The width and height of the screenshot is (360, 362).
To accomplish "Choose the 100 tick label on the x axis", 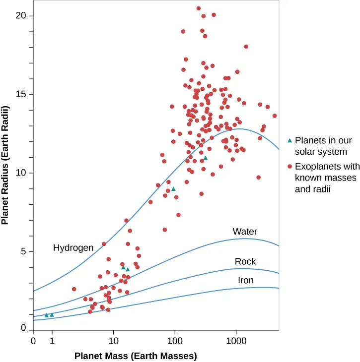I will pyautogui.click(x=174, y=342).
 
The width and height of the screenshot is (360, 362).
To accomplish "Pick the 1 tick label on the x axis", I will pyautogui.click(x=52, y=342).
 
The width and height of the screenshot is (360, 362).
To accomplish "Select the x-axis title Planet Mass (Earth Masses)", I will pyautogui.click(x=136, y=356).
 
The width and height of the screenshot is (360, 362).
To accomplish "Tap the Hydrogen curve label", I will pyautogui.click(x=73, y=247).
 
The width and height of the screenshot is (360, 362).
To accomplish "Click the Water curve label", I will pyautogui.click(x=245, y=232).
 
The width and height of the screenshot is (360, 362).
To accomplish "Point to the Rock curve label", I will pyautogui.click(x=245, y=262).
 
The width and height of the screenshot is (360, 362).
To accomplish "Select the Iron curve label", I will pyautogui.click(x=246, y=281).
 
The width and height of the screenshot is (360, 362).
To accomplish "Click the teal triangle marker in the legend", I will pyautogui.click(x=290, y=140).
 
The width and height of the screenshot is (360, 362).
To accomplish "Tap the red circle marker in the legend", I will pyautogui.click(x=290, y=166).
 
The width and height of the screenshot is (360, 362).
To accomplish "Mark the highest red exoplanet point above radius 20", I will pyautogui.click(x=199, y=8).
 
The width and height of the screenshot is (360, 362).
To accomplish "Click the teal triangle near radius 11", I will pyautogui.click(x=205, y=158).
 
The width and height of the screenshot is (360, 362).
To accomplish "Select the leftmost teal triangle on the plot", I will pyautogui.click(x=46, y=315).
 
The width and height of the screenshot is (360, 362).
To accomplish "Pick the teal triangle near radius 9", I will pyautogui.click(x=173, y=189).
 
